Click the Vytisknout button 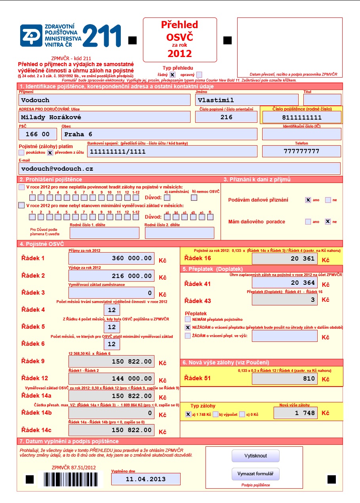255,456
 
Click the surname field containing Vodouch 105,100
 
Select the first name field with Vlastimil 247,100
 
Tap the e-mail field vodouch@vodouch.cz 179,168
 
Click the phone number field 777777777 301,151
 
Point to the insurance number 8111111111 301,117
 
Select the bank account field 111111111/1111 172,151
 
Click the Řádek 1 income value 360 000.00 111,258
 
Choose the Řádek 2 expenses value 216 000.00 111,276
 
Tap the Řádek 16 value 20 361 285,259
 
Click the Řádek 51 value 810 285,378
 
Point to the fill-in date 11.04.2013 146,479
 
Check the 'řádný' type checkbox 173,74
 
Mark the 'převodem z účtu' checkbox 50,152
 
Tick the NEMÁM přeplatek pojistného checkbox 188,319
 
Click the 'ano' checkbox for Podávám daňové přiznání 308,200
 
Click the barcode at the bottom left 71,479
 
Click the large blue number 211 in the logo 102,36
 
